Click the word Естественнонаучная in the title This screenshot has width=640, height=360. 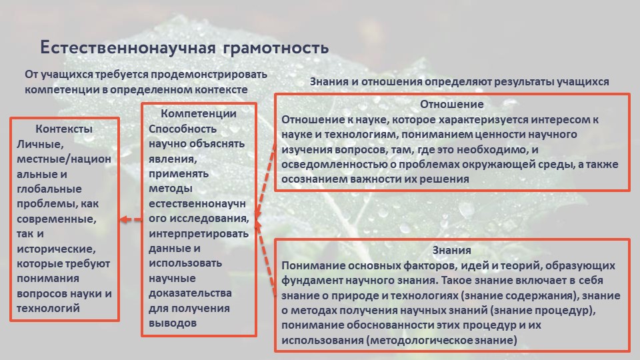127,47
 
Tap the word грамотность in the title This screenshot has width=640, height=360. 276,48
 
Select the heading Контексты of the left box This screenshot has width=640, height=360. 64,129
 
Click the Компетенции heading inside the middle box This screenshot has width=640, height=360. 199,113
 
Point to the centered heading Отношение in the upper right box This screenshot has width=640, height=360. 452,105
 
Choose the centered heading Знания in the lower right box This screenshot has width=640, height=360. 452,250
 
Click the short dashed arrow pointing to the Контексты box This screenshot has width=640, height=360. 131,219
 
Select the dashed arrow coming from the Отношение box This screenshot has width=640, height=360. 265,181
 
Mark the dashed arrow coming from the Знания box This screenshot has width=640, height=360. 265,258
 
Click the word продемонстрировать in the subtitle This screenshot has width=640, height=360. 209,74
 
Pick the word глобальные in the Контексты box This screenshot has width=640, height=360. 49,189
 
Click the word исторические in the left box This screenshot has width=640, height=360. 56,249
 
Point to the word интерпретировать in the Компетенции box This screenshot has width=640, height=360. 199,234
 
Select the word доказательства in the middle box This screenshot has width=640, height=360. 190,293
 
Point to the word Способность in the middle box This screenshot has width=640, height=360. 183,129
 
